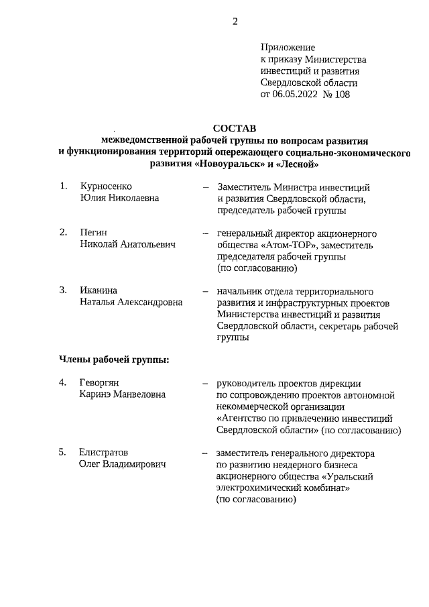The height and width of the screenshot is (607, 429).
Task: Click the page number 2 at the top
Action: point(235,21)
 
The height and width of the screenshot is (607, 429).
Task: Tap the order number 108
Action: point(341,95)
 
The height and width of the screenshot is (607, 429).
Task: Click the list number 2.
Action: point(63,232)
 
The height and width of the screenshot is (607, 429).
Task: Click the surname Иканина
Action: point(99,290)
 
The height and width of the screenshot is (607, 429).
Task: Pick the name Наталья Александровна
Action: point(131,302)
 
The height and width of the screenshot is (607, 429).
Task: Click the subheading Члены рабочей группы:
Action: point(113,360)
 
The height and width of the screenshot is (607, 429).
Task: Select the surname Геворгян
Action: point(99,383)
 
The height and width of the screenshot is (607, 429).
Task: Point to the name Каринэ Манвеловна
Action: point(122,395)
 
